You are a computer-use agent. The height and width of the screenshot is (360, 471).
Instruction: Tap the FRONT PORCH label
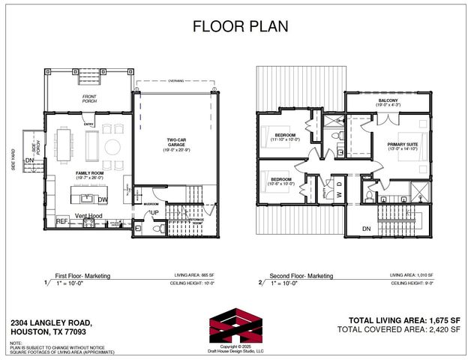[89, 97]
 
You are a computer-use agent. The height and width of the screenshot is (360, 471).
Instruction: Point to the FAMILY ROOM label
[88, 173]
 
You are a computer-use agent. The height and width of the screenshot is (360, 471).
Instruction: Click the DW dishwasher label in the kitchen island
[102, 199]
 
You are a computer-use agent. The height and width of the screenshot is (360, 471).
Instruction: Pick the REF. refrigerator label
[63, 222]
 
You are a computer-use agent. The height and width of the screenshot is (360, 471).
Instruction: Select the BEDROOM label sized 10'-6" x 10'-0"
[281, 180]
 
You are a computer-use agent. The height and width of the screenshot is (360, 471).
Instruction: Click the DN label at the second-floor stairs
[366, 229]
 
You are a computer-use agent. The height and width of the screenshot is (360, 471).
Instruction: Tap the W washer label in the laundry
[339, 184]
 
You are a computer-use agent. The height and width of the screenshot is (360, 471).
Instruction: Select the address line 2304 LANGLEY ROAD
[52, 323]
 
